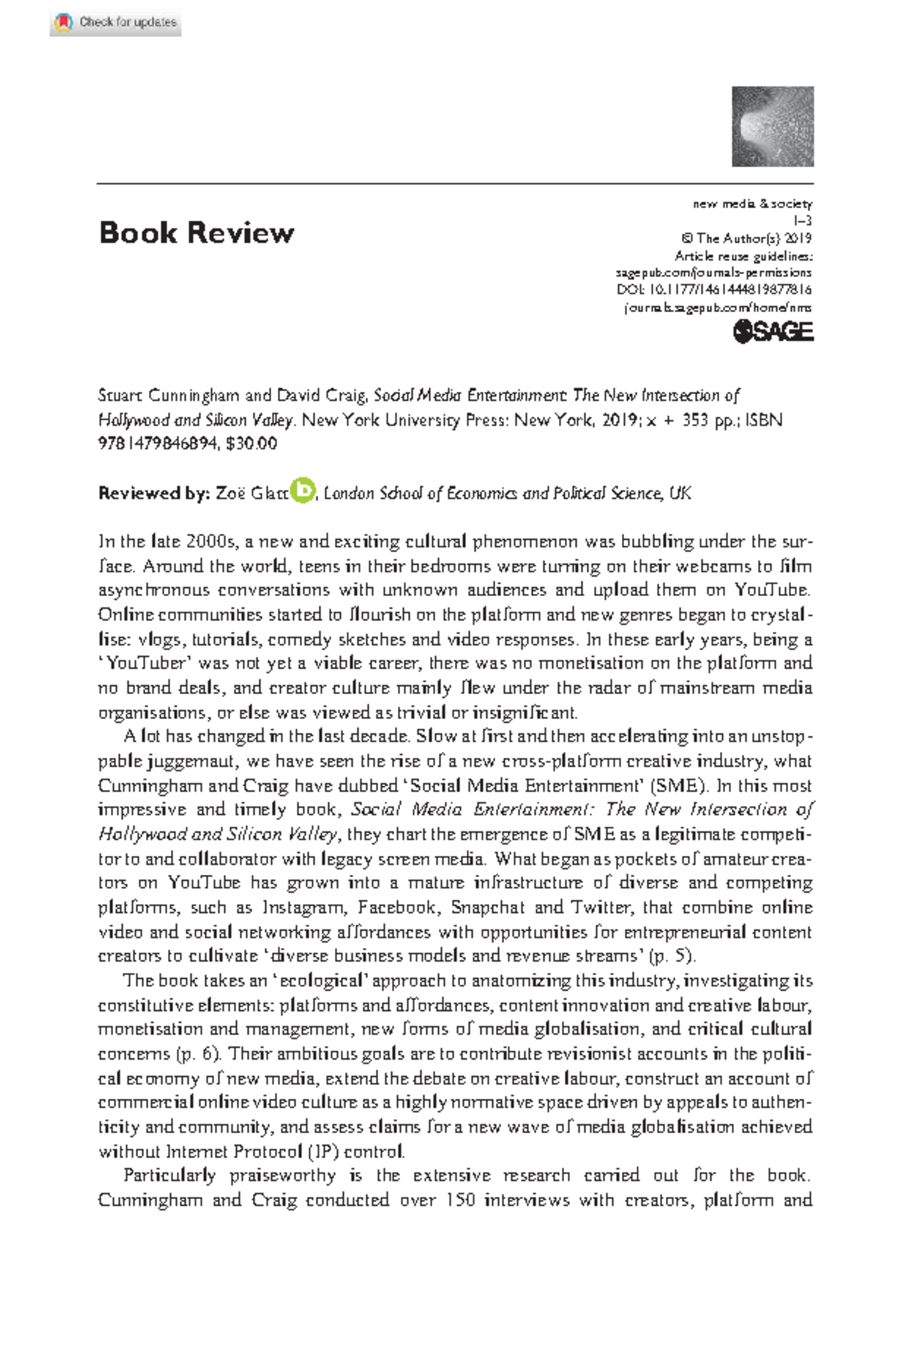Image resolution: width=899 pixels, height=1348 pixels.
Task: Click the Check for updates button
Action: [x=116, y=22]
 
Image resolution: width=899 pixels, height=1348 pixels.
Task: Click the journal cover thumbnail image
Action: [x=772, y=127]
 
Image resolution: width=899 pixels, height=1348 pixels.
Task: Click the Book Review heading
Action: [x=196, y=233]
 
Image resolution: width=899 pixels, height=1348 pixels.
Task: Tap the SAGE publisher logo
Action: [x=772, y=332]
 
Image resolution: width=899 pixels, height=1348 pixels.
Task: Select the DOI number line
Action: [x=714, y=290]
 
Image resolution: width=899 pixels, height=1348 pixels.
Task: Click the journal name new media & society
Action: [x=752, y=204]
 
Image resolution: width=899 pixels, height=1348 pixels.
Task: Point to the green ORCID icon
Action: [x=303, y=491]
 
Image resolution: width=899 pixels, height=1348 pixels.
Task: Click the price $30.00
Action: [x=251, y=443]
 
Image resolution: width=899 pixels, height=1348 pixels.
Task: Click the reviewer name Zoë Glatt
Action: [x=252, y=494]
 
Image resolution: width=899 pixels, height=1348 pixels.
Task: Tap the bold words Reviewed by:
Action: [x=154, y=494]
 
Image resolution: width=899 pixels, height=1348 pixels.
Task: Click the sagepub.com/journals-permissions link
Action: [x=713, y=273]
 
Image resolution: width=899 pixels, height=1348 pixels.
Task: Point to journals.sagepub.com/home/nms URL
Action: [x=718, y=307]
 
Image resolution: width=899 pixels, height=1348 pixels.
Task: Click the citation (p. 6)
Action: [x=198, y=1054]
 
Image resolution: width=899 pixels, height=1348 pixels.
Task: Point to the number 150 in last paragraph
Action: [x=460, y=1200]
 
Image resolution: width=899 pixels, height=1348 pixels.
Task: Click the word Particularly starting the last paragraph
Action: [x=169, y=1176]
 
